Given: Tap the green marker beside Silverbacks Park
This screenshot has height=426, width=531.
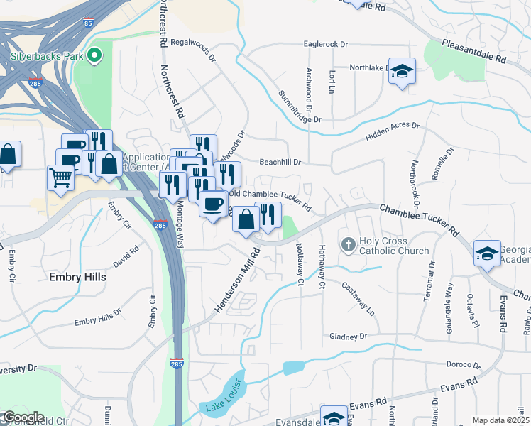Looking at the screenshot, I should click(x=93, y=55).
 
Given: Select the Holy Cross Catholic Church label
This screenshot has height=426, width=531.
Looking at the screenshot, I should click(x=394, y=246).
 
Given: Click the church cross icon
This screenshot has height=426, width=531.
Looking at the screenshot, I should click(x=348, y=245).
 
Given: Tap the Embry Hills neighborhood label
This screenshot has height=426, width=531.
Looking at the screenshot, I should click(x=77, y=277).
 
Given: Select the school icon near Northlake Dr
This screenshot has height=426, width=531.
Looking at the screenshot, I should click(x=403, y=71).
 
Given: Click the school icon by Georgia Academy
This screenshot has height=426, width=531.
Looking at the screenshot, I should click(x=487, y=255).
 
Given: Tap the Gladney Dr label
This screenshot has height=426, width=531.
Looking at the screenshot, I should click(x=348, y=336).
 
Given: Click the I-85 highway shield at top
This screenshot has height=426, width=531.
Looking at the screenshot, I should click(x=87, y=23).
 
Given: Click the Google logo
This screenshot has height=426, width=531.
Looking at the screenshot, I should click(x=23, y=417).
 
